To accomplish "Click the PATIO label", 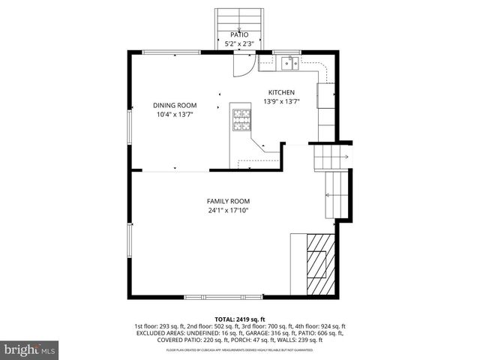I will click(x=239, y=34).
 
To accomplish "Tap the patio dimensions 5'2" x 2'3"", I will click(x=239, y=44).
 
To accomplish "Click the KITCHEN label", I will click(x=282, y=92).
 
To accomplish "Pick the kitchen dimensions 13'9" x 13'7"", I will click(x=282, y=102).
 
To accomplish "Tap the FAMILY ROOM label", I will click(x=229, y=201).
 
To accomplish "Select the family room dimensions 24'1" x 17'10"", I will click(x=229, y=211).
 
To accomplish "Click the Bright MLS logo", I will click(x=30, y=349).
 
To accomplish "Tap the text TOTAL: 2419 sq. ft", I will click(x=239, y=319).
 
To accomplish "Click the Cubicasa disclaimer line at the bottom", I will click(x=239, y=349).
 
